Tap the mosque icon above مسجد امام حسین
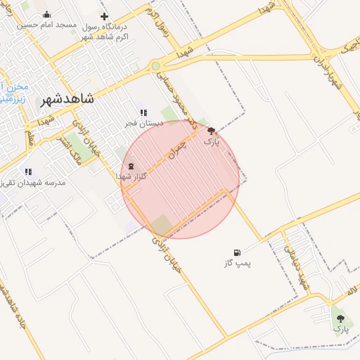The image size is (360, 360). tap(46, 15)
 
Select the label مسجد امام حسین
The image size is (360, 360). tap(46, 25)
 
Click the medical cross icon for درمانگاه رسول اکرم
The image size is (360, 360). tap(105, 16)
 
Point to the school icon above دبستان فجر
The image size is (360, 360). tap(143, 112)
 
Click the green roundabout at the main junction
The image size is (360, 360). tap(155, 66)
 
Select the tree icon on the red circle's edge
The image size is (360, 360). tap(212, 130)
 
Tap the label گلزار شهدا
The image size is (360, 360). tap(131, 177)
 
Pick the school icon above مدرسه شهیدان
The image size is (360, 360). tap(28, 171)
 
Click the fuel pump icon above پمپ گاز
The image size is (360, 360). tap(237, 252)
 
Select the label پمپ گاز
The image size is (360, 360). tap(237, 263)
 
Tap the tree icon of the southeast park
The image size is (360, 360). tap(341, 318)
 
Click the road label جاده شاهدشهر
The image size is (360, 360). tap(14, 302)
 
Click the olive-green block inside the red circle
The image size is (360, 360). tap(162, 225)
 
